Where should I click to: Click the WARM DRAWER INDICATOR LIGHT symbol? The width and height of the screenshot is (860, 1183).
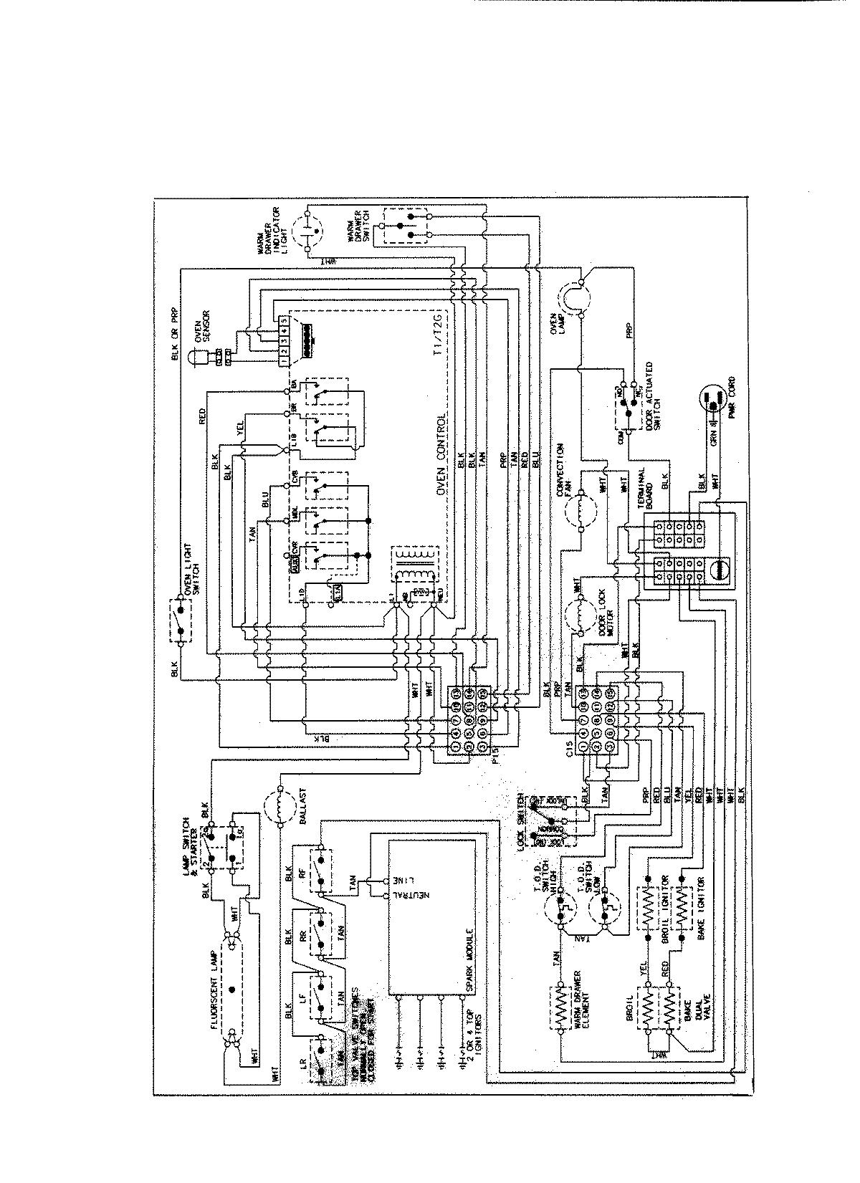[309, 231]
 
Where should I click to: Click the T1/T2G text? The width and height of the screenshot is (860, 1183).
[439, 336]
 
